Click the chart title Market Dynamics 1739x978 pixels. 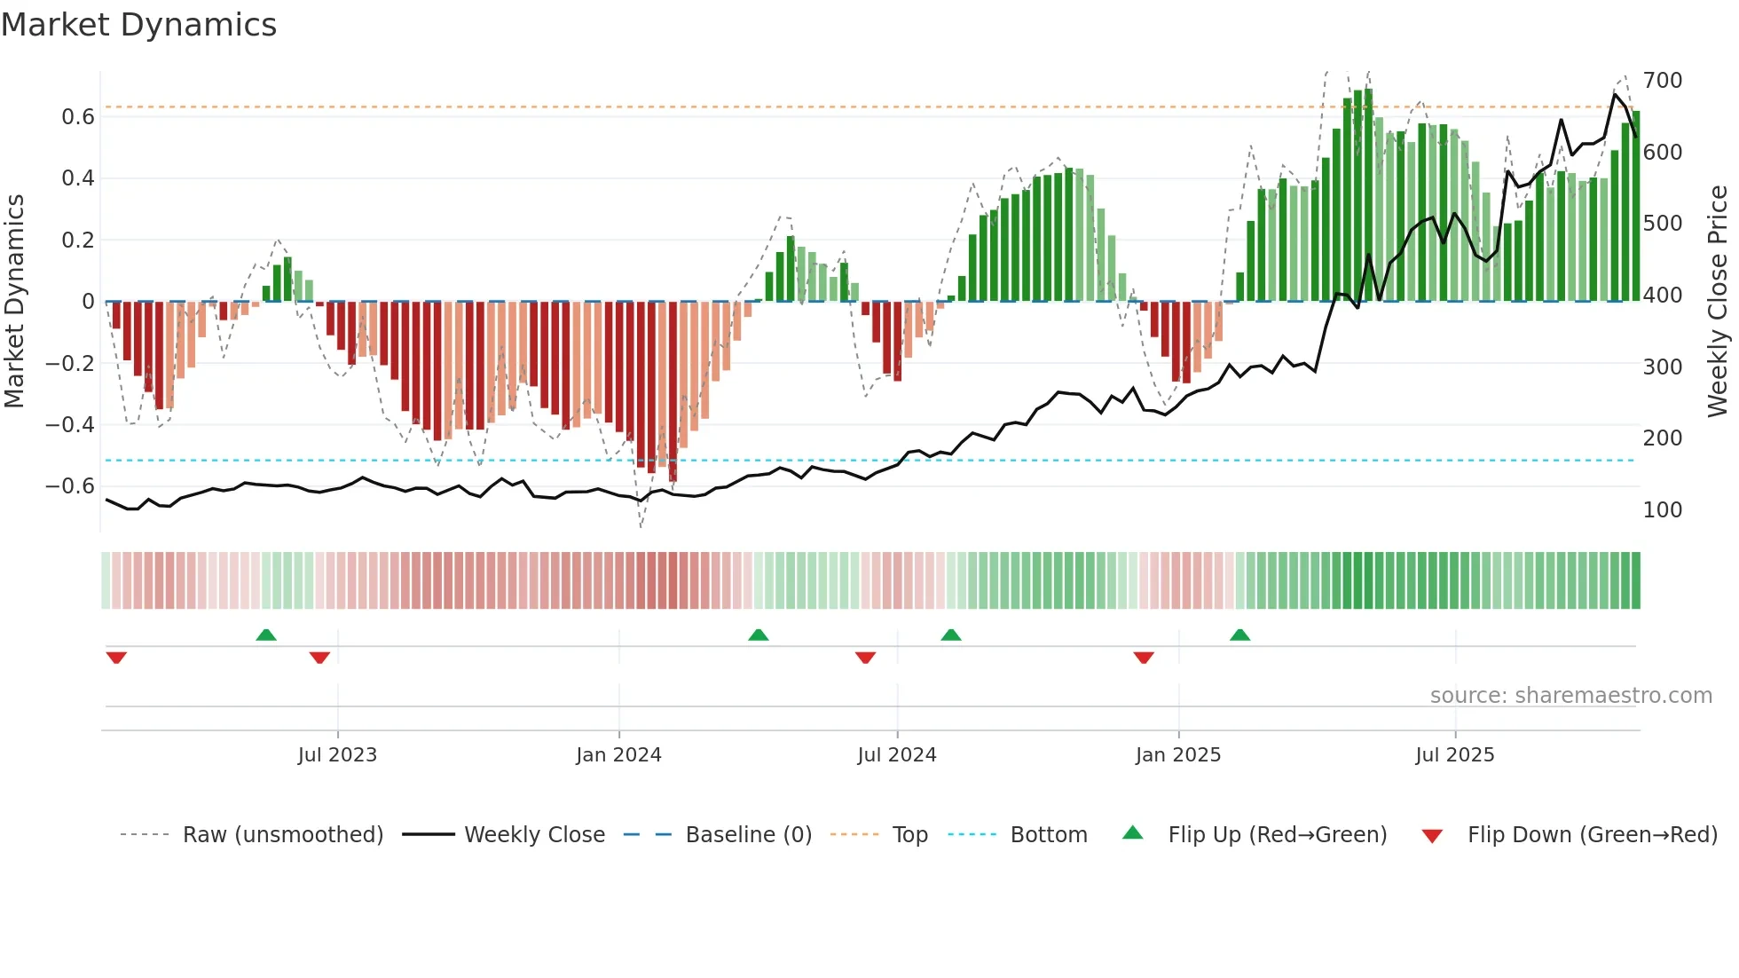139,25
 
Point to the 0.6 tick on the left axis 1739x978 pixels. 78,117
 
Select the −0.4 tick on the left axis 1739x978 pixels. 70,425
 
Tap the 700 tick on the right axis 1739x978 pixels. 1663,81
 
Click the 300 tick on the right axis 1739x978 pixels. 1663,367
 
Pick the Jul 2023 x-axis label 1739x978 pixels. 337,755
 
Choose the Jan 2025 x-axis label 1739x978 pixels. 1178,755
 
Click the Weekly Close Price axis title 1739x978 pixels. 1718,302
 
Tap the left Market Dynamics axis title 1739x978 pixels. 15,302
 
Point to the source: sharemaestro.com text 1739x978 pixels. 1570,696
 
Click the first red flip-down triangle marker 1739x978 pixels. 116,658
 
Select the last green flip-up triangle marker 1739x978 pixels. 1239,635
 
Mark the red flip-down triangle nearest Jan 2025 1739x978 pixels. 1144,658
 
